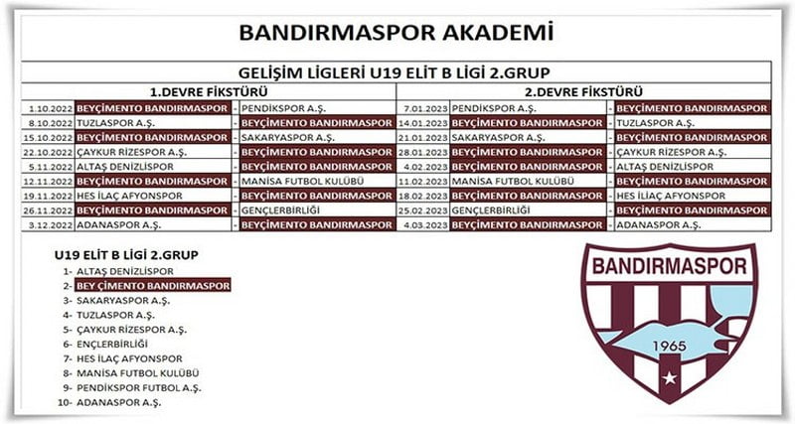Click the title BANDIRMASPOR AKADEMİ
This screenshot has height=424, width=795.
396,33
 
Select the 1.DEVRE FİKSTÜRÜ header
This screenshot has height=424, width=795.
209,92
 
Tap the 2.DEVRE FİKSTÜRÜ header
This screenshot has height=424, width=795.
583,92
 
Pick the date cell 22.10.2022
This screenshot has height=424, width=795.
49,153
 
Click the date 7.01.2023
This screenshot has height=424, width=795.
426,109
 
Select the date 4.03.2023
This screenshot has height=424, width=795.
426,225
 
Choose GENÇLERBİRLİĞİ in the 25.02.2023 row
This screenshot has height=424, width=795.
490,211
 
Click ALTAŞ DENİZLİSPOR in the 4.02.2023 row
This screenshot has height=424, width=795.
665,167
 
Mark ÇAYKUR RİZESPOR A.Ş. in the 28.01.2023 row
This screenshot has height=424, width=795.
672,153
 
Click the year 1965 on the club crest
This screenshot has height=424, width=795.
669,347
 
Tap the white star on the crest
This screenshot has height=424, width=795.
670,378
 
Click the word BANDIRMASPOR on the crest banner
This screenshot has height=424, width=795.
669,267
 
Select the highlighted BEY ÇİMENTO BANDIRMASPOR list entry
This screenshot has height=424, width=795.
153,286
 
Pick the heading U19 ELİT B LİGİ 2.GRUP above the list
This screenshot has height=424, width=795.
126,255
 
